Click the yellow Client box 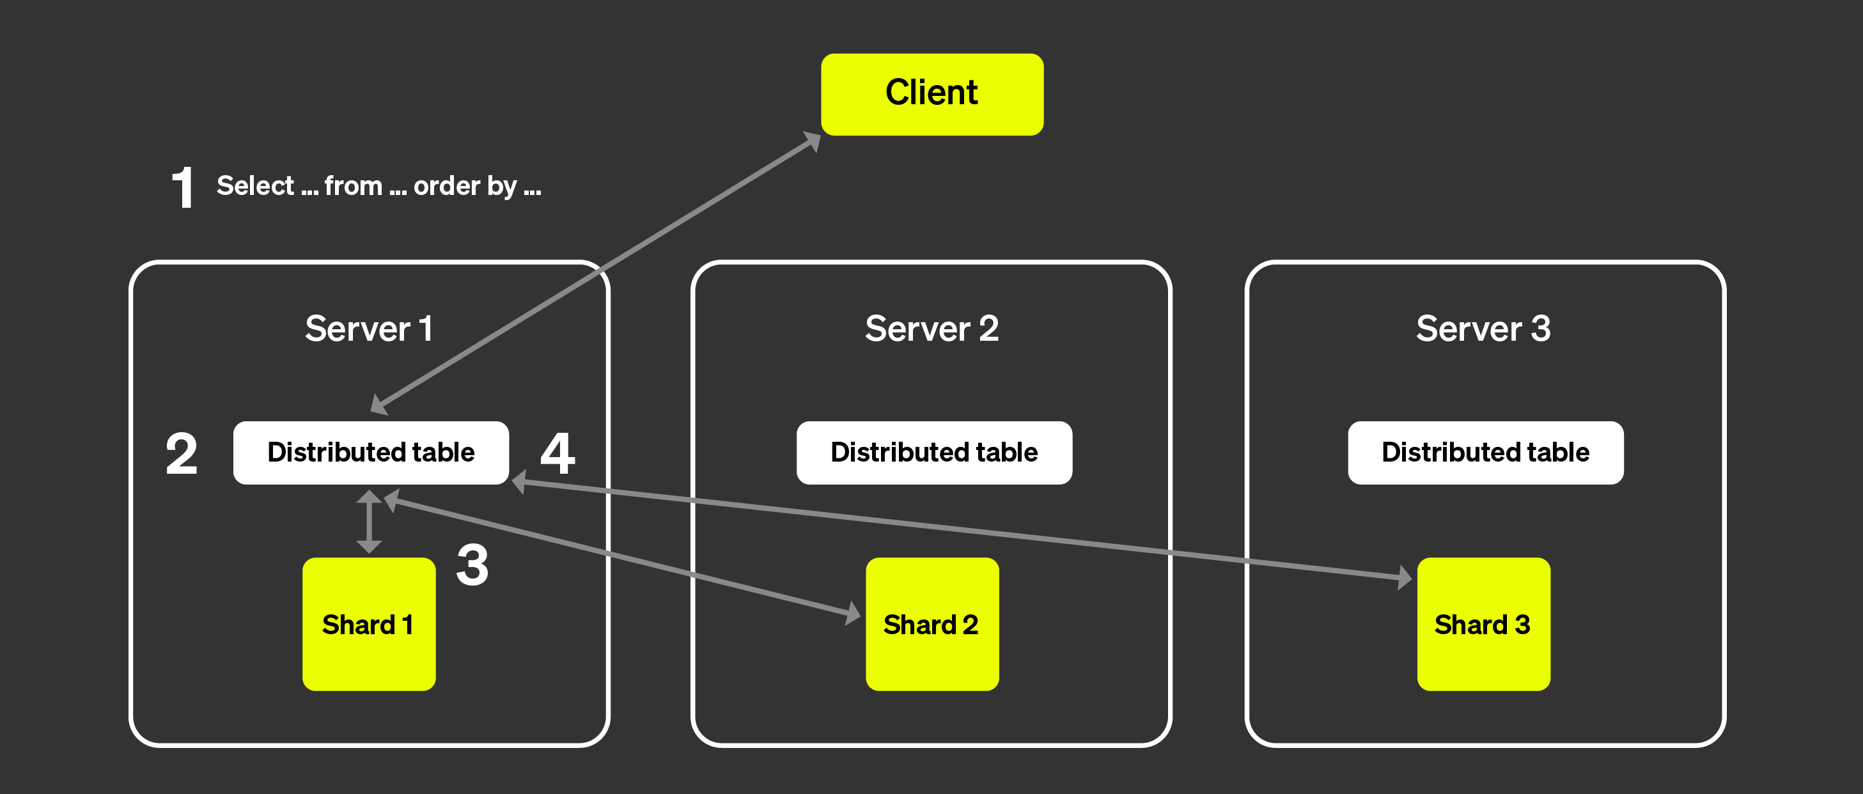pos(931,94)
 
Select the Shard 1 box pos(369,623)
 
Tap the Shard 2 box pos(931,623)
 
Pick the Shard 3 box pos(1483,623)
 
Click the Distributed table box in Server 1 pos(370,453)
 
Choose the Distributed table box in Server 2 pos(933,453)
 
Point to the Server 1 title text pos(369,329)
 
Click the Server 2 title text pos(931,329)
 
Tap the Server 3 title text pos(1483,329)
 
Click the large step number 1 pos(183,187)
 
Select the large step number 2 pos(182,454)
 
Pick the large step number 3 pos(472,566)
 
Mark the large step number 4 pos(557,454)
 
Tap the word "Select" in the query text pos(255,186)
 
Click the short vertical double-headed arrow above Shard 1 pos(369,522)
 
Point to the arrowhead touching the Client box pos(812,140)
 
